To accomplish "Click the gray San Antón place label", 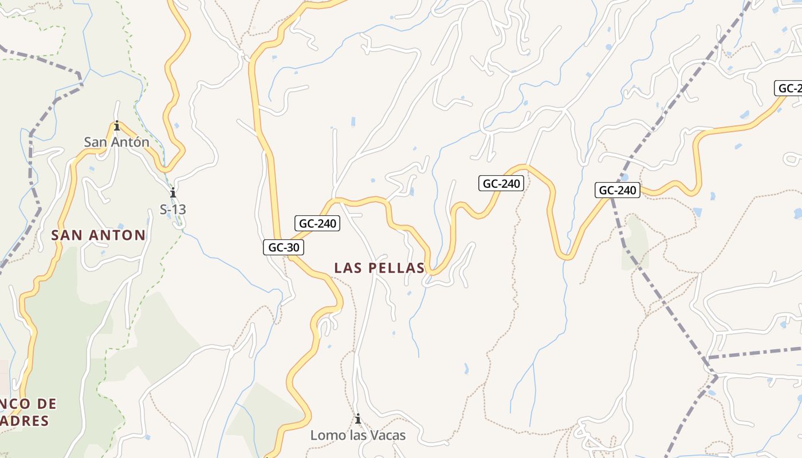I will tap(116, 142).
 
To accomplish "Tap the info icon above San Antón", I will tap(117, 126).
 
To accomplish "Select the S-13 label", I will tap(172, 210).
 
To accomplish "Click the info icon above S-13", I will tap(172, 193).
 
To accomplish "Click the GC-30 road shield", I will tap(283, 247).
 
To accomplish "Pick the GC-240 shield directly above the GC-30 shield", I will tap(317, 223).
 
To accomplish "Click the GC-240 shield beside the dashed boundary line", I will tap(618, 190).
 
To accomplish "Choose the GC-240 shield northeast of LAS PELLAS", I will tap(501, 183).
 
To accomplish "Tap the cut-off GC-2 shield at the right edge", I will tap(789, 88).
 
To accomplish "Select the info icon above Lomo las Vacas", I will tap(358, 420).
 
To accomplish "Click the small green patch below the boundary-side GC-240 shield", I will tap(635, 243).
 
